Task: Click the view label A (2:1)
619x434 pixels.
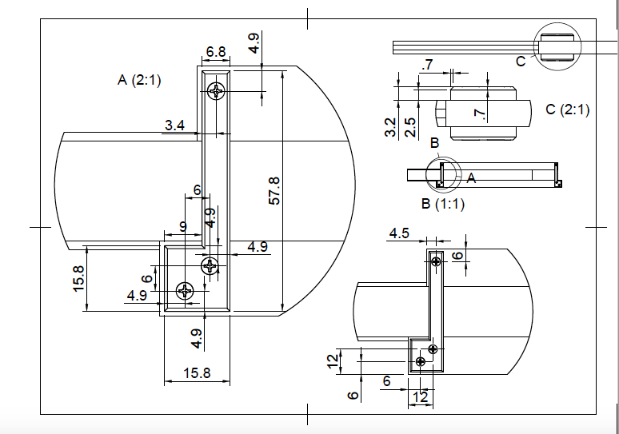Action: tap(139, 80)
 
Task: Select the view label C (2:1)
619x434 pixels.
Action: tap(567, 109)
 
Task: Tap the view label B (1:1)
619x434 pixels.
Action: tap(443, 203)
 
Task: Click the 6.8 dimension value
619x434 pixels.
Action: tap(215, 52)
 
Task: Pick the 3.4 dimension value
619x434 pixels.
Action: tap(175, 125)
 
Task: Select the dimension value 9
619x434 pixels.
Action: tap(183, 227)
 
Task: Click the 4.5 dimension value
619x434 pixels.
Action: tap(399, 233)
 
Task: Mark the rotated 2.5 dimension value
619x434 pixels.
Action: tap(410, 127)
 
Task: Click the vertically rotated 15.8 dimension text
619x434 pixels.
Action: tap(78, 279)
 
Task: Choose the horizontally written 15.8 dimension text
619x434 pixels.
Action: tap(197, 372)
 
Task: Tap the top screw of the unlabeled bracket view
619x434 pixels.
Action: tap(436, 261)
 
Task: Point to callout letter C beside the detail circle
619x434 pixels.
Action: tap(521, 62)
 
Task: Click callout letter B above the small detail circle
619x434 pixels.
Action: tap(434, 143)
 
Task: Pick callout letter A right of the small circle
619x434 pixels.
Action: tap(471, 178)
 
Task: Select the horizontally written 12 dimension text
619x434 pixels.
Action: tap(418, 396)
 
